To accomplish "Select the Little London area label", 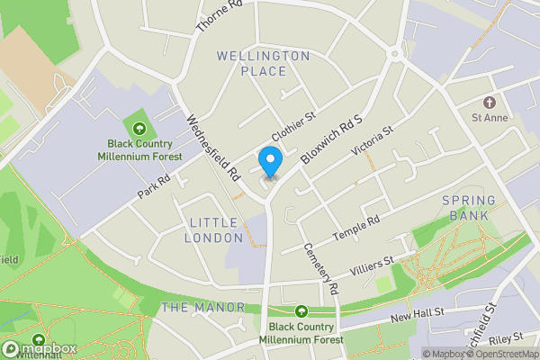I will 214,229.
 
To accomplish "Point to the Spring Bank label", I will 465,207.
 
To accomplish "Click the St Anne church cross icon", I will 490,103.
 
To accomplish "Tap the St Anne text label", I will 490,118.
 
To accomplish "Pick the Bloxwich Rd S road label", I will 330,138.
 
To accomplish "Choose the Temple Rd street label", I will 356,227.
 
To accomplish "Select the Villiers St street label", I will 371,265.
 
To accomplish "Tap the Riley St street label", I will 506,338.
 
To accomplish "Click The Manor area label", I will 202,308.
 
